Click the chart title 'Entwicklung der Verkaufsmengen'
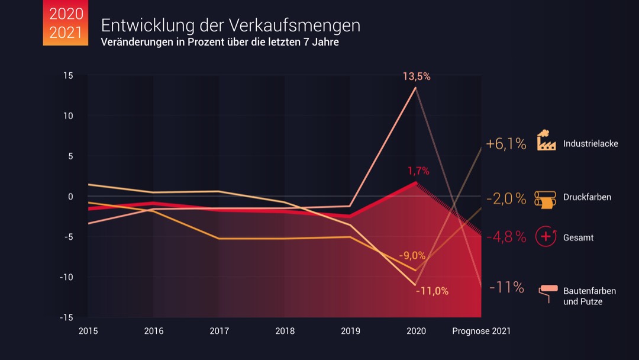[230, 25]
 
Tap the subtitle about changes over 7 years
[220, 43]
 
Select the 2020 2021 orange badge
[66, 23]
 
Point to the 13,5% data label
[417, 76]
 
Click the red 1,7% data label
[418, 171]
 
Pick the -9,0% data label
[412, 256]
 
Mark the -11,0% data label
[432, 291]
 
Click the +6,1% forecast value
[506, 144]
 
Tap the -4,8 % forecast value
[506, 237]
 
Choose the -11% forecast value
[506, 288]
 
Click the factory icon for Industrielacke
[546, 142]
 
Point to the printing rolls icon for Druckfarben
[546, 199]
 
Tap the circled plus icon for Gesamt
[546, 236]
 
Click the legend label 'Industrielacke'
[590, 143]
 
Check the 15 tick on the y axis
[69, 75]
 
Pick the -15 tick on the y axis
[67, 317]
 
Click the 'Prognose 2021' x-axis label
[481, 331]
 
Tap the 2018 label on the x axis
[285, 331]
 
